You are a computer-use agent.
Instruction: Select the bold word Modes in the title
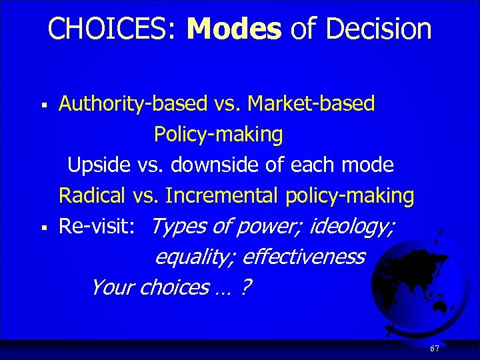[x=235, y=29]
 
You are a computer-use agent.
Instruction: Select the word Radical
[x=92, y=196]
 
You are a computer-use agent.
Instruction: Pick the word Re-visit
[x=100, y=227]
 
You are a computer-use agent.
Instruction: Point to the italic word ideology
[x=352, y=227]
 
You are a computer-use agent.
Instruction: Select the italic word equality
[x=194, y=257]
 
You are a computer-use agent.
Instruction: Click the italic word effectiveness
[x=303, y=257]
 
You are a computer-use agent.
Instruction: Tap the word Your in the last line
[x=111, y=287]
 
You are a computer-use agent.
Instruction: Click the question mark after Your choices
[x=247, y=287]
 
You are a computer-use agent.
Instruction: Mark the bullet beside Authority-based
[x=43, y=105]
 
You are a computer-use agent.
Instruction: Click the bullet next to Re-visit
[x=43, y=228]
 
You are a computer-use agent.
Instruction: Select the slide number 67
[x=435, y=349]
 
